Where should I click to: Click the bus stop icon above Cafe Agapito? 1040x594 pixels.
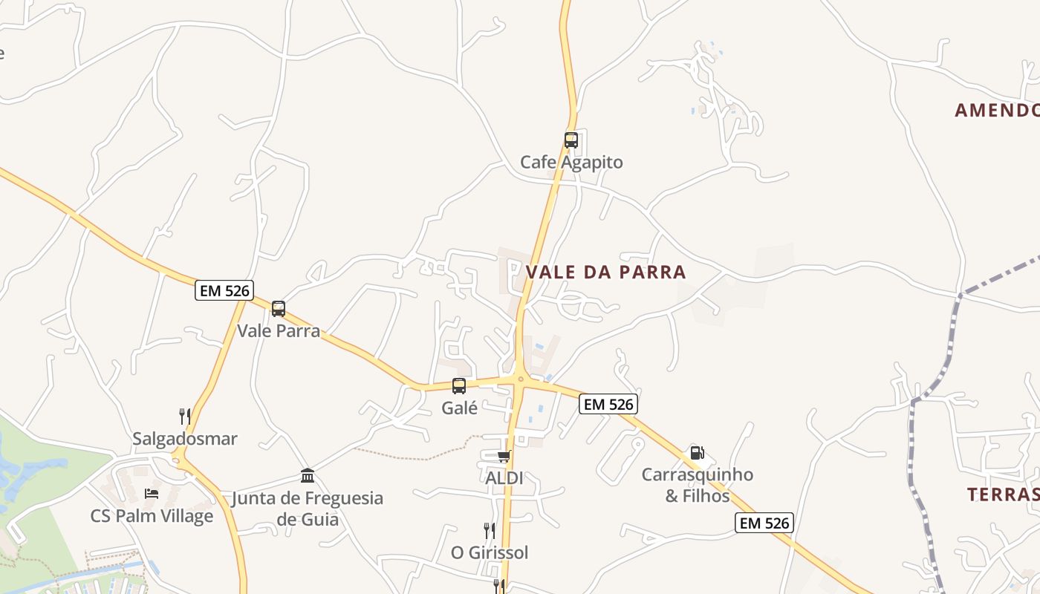pos(571,140)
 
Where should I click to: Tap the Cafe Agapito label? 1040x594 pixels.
pos(571,162)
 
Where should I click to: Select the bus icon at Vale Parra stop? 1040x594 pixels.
pos(279,309)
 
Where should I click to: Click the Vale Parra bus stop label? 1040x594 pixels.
pos(279,330)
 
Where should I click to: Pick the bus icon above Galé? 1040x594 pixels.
pos(459,386)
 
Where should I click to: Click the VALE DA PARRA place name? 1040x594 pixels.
pos(606,272)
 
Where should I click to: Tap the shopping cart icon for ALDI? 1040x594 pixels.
pos(504,456)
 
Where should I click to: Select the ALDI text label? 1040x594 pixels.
pos(504,478)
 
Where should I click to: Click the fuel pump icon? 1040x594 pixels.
pos(697,452)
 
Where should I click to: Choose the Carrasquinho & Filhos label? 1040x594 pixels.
pos(698,485)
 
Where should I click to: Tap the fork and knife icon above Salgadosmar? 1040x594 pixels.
pos(185,417)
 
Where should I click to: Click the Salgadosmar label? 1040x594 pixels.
pos(185,439)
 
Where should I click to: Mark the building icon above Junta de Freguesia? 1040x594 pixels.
pos(308,475)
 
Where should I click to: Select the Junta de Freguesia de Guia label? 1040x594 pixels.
pos(308,508)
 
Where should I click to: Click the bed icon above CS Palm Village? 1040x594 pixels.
pos(152,494)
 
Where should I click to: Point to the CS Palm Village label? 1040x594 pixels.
pos(152,516)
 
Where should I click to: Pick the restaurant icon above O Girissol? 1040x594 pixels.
pos(490,530)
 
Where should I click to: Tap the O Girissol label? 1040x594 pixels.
pos(490,552)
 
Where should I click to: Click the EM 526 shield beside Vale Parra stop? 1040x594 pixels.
pos(224,290)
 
